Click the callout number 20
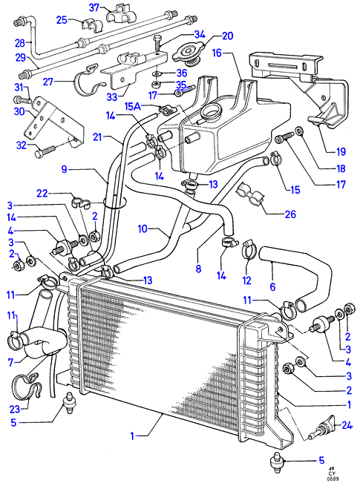pyautogui.click(x=227, y=36)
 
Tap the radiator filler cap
pyautogui.click(x=189, y=54)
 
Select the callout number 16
pyautogui.click(x=217, y=53)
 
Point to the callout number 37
pyautogui.click(x=94, y=7)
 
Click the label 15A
pyautogui.click(x=133, y=107)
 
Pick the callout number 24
pyautogui.click(x=347, y=425)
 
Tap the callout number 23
pyautogui.click(x=15, y=410)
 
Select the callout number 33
pyautogui.click(x=112, y=97)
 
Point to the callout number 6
pyautogui.click(x=272, y=287)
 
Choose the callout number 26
pyautogui.click(x=290, y=214)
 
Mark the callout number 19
pyautogui.click(x=341, y=151)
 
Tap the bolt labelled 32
pyautogui.click(x=45, y=151)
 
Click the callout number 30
pyautogui.click(x=19, y=111)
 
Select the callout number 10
pyautogui.click(x=143, y=229)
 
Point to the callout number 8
pyautogui.click(x=198, y=269)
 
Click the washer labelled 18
pyautogui.click(x=299, y=131)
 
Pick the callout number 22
pyautogui.click(x=42, y=193)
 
